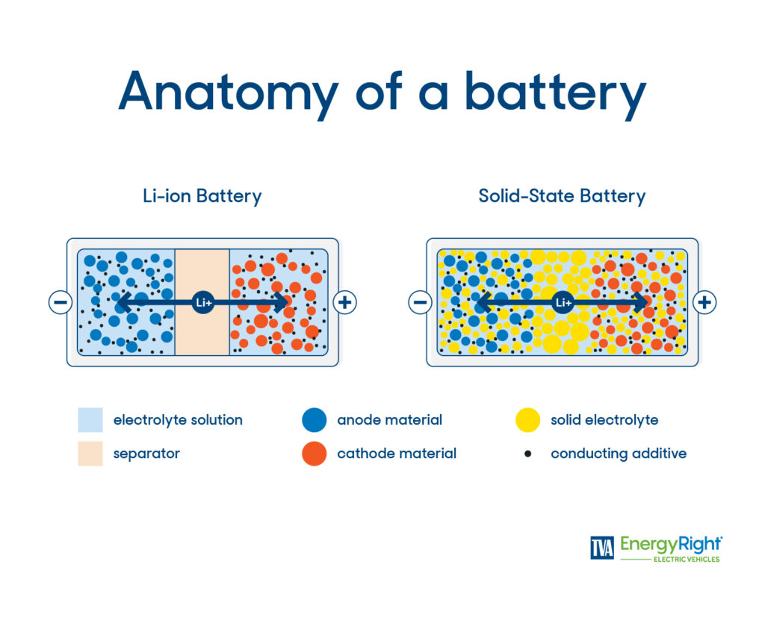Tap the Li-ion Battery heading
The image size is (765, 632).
point(202,196)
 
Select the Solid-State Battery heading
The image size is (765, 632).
point(562,196)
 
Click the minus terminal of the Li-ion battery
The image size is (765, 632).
point(60,302)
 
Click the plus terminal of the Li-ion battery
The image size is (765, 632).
point(344,302)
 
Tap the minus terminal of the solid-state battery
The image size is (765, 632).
point(420,302)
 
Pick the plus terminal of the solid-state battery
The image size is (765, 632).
point(704,302)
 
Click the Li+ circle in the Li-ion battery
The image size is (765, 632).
point(202,302)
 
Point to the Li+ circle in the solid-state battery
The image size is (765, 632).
point(563,302)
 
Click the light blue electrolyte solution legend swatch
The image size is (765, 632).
point(90,420)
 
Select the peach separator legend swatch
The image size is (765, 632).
point(90,454)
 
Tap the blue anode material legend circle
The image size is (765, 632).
point(315,420)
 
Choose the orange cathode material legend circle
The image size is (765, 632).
point(315,454)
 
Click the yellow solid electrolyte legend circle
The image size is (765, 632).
point(527,420)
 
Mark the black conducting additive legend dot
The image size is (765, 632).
point(527,454)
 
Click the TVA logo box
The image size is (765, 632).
point(602,548)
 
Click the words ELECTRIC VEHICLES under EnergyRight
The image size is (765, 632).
point(687,559)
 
